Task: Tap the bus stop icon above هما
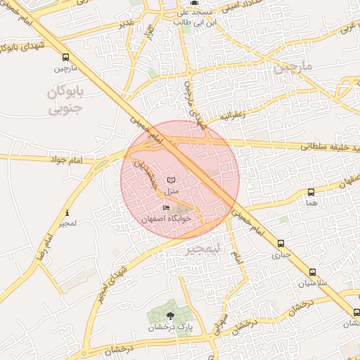tap(311, 192)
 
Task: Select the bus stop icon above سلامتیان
tap(312, 273)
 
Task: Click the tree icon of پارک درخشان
tap(171, 316)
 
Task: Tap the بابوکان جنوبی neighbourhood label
tap(66, 101)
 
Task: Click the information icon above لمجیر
tap(67, 212)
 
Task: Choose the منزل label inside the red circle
tap(172, 191)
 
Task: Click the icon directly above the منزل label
tap(172, 180)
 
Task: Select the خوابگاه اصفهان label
tap(167, 218)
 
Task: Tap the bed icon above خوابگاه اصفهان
tap(167, 207)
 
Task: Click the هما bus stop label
tap(311, 202)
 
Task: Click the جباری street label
tap(281, 255)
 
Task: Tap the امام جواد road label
tap(86, 160)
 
